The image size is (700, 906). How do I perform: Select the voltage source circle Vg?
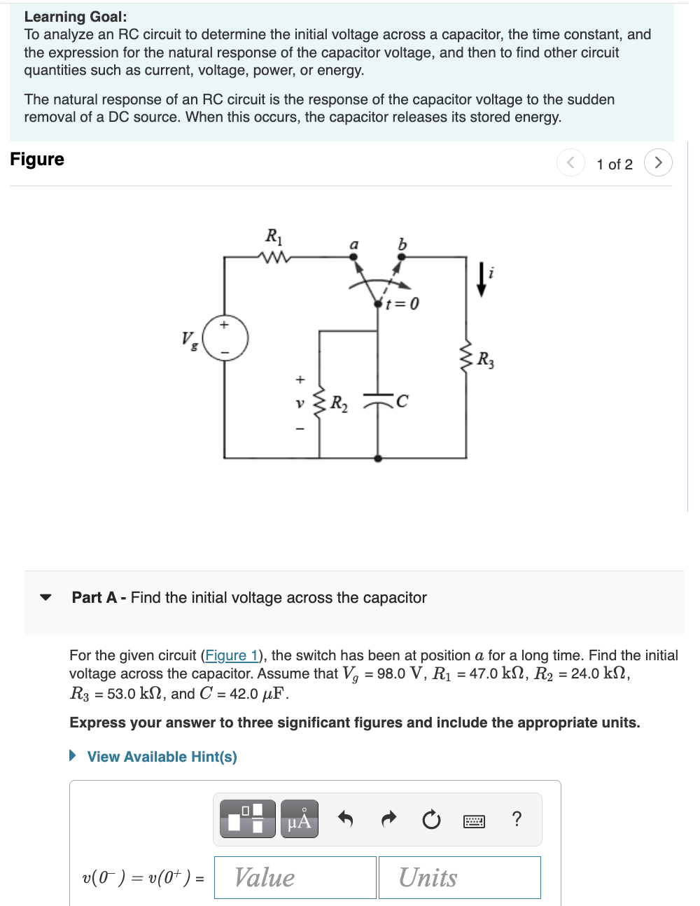225,337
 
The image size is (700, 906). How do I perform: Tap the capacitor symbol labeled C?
378,400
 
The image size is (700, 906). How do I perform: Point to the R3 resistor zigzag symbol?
466,356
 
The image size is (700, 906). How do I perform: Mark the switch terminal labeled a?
354,256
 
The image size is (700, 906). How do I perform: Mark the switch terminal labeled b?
401,256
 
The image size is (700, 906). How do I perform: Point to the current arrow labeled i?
482,279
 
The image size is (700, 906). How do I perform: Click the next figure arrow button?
657,162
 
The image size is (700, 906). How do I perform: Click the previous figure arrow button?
570,162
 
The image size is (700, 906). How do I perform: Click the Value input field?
295,877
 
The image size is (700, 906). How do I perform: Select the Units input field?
459,877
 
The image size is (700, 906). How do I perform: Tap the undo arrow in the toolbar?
345,818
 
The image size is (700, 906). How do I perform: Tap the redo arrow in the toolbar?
388,818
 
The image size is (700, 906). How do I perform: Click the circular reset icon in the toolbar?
431,818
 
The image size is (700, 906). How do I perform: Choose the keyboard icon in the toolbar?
474,821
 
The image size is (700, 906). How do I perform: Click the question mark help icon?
517,818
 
